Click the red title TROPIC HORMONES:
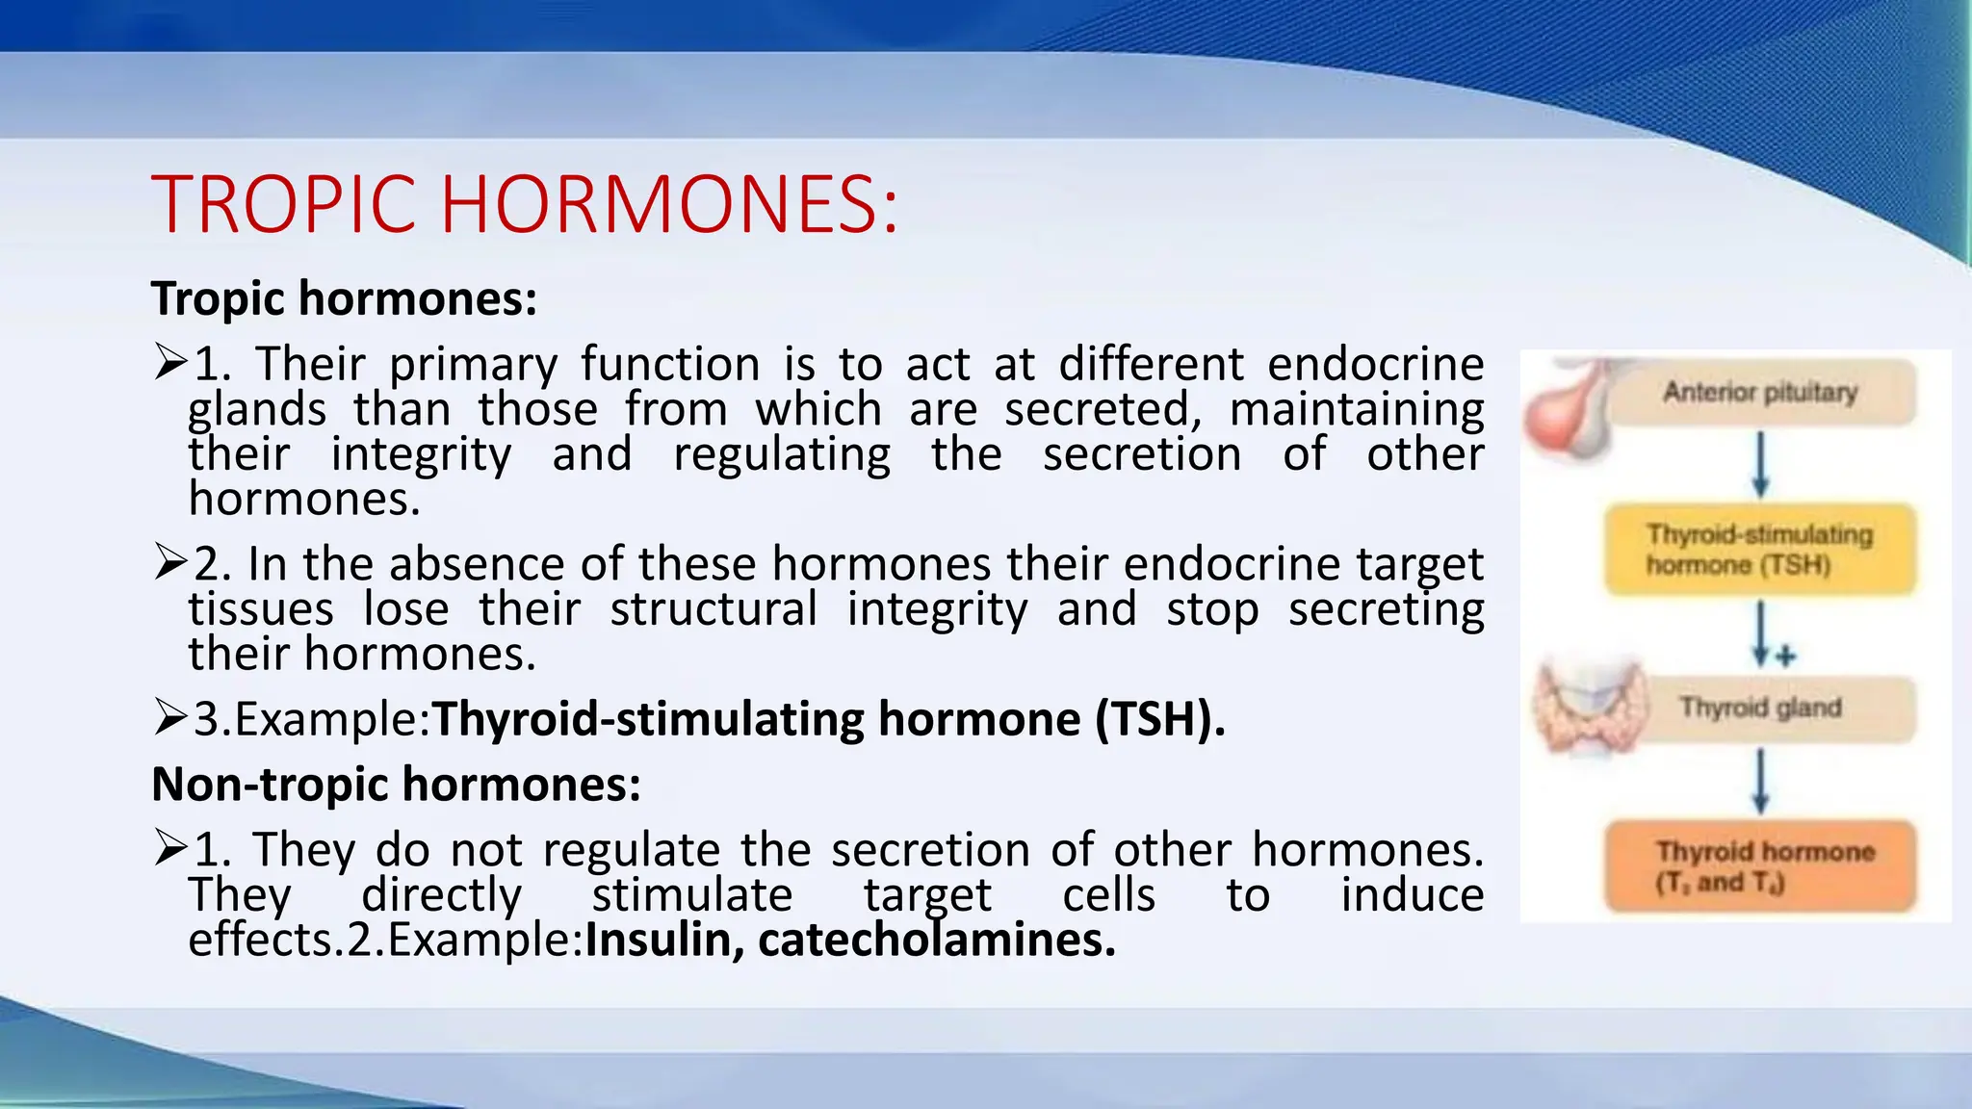tap(525, 204)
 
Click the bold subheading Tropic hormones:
tap(344, 298)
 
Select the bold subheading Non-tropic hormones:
tap(396, 784)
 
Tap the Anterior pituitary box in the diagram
tap(1760, 393)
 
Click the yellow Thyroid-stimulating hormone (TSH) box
tap(1759, 549)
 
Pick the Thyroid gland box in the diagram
tap(1760, 709)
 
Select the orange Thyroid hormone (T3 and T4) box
tap(1759, 866)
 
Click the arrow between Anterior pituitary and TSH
tap(1760, 464)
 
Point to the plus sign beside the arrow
tap(1786, 657)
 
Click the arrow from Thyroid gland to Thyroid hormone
tap(1760, 781)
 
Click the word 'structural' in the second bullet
tap(714, 609)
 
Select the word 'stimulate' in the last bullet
tap(691, 895)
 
